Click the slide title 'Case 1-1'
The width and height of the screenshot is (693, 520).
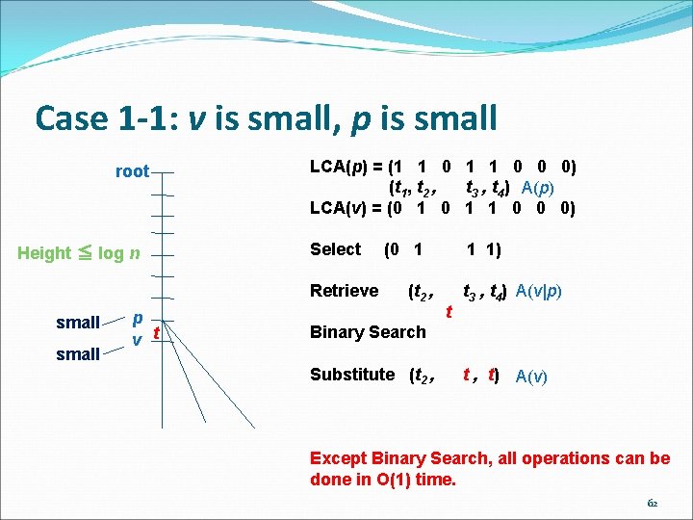pyautogui.click(x=266, y=118)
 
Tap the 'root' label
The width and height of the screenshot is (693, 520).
pyautogui.click(x=132, y=171)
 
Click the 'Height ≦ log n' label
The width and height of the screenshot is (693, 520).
pyautogui.click(x=80, y=253)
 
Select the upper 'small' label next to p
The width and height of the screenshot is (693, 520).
pyautogui.click(x=78, y=322)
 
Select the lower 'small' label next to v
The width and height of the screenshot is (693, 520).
pyautogui.click(x=78, y=353)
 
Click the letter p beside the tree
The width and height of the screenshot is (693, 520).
pyautogui.click(x=138, y=318)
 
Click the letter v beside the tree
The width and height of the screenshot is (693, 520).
pyautogui.click(x=138, y=339)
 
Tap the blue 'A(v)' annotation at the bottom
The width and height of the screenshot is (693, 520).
pyautogui.click(x=532, y=377)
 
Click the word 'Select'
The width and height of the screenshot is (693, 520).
pyautogui.click(x=335, y=249)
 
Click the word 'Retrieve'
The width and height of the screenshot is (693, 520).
pyautogui.click(x=344, y=291)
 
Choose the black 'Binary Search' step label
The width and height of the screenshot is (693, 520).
pyautogui.click(x=367, y=332)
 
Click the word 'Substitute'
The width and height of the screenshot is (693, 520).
pyautogui.click(x=352, y=374)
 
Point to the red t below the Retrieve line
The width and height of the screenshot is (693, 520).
pyautogui.click(x=449, y=311)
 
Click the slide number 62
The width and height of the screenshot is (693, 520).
pyautogui.click(x=653, y=502)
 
